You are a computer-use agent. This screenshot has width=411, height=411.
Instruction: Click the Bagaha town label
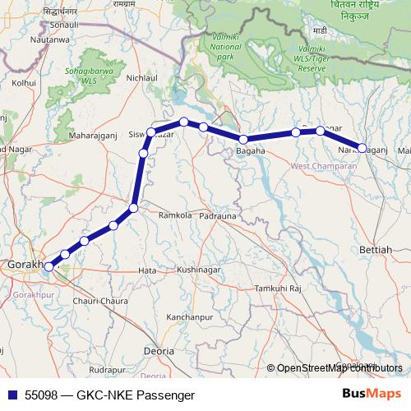point(251,151)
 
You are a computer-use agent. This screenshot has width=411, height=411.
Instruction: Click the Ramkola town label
point(174,215)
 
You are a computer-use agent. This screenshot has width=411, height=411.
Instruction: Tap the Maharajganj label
point(96,134)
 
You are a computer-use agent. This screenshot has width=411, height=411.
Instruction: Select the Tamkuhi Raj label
point(279,289)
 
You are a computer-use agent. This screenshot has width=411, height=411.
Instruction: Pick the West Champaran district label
point(324,167)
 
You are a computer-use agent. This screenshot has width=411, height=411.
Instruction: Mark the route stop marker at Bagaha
point(243,139)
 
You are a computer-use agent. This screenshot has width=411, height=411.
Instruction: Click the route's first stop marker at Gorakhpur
point(48,266)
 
